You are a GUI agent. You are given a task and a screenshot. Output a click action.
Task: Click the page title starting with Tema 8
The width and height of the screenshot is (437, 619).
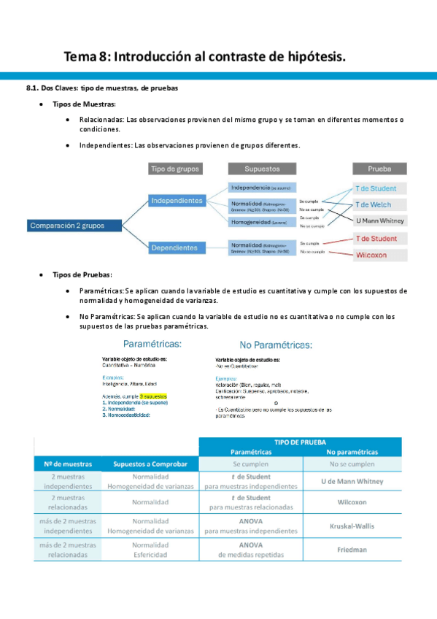205,56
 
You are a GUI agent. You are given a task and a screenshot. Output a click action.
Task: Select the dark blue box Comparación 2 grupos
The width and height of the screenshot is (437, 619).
67,226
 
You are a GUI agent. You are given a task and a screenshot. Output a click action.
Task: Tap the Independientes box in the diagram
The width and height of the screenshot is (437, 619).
176,200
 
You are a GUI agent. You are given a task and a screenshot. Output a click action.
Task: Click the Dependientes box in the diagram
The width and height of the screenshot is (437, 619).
174,247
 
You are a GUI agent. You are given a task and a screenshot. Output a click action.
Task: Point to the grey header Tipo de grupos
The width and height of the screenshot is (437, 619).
176,169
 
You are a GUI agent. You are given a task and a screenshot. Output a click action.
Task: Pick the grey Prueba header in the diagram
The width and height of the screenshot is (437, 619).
379,169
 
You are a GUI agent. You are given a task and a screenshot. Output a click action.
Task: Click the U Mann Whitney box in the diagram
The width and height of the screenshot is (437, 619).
379,220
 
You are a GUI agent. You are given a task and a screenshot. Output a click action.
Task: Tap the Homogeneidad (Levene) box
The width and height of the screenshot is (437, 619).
260,221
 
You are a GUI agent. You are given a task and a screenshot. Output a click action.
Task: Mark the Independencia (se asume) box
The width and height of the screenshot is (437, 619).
260,188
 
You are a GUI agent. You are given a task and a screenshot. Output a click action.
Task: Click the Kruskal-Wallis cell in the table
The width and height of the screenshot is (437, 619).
352,526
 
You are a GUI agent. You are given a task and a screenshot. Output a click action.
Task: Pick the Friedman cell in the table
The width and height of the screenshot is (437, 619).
352,549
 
